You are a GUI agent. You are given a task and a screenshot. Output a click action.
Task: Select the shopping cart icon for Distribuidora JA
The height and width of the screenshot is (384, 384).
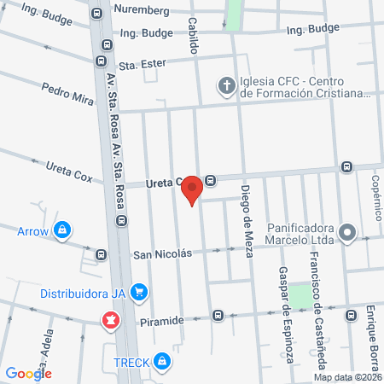(141, 294)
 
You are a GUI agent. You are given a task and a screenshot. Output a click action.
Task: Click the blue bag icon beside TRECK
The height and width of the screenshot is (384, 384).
(162, 362)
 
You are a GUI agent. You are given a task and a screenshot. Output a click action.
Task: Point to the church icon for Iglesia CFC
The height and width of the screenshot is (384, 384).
(226, 84)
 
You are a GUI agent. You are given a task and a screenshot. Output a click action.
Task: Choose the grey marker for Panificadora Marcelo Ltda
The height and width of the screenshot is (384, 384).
(346, 233)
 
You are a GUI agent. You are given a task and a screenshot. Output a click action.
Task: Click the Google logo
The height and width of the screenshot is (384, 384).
(28, 373)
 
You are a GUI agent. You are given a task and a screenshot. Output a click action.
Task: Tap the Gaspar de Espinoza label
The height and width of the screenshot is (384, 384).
(285, 315)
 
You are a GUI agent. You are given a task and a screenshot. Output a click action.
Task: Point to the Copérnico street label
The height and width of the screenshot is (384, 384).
(375, 200)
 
